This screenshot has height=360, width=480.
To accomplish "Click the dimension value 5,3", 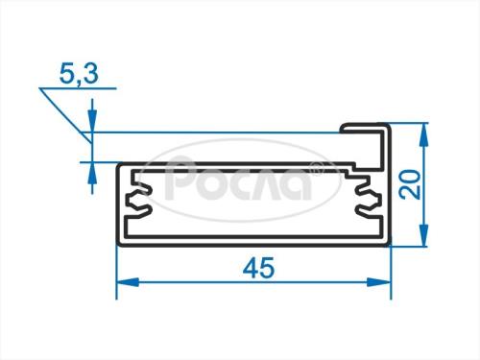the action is pos(79,74).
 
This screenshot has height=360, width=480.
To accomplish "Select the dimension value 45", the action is pos(258,268).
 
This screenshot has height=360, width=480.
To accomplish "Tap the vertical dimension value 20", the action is pos(411,184).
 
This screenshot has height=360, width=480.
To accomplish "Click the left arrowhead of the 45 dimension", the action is pos(128,282).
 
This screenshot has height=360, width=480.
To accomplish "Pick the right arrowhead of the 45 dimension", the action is pos(379,282).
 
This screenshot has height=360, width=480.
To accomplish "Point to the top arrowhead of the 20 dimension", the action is pos(423,134).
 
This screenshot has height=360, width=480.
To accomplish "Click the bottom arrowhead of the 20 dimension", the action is pos(423,235).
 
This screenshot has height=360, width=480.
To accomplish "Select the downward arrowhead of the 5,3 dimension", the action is pos(92,121).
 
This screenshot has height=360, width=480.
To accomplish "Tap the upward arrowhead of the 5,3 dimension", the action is pos(92,173).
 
